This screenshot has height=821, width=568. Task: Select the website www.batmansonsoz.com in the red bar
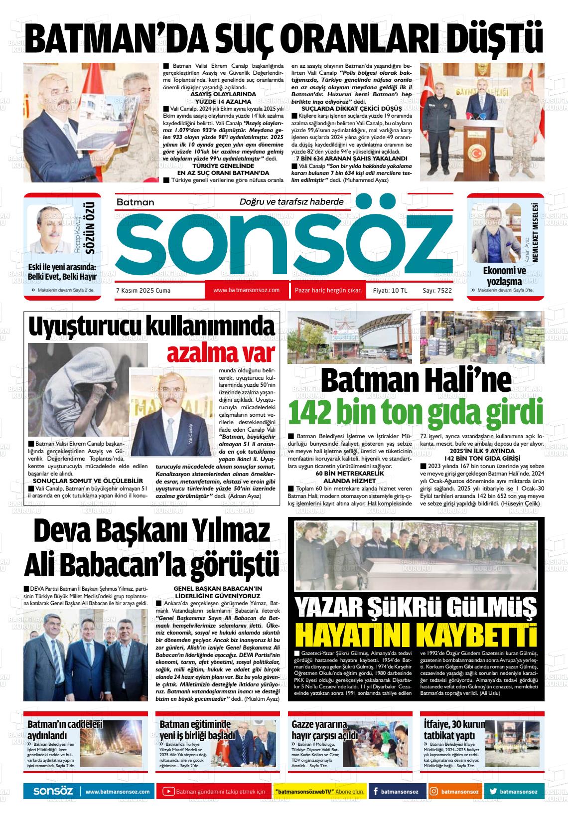[246, 290]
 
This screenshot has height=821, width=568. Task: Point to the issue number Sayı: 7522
[437, 290]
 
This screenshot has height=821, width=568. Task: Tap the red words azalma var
[221, 352]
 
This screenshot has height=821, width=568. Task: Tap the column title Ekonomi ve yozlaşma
[504, 275]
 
